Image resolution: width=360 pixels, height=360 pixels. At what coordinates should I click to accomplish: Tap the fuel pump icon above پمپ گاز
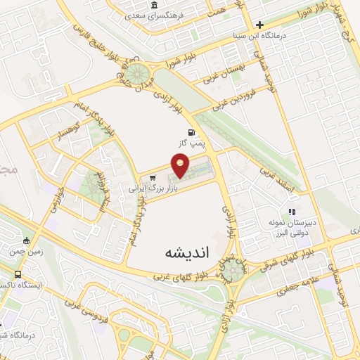point(191,132)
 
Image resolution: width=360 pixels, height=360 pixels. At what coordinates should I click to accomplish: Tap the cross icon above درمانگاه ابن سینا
point(259,24)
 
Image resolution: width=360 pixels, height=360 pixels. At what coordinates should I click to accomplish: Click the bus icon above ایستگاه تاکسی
point(17,275)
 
